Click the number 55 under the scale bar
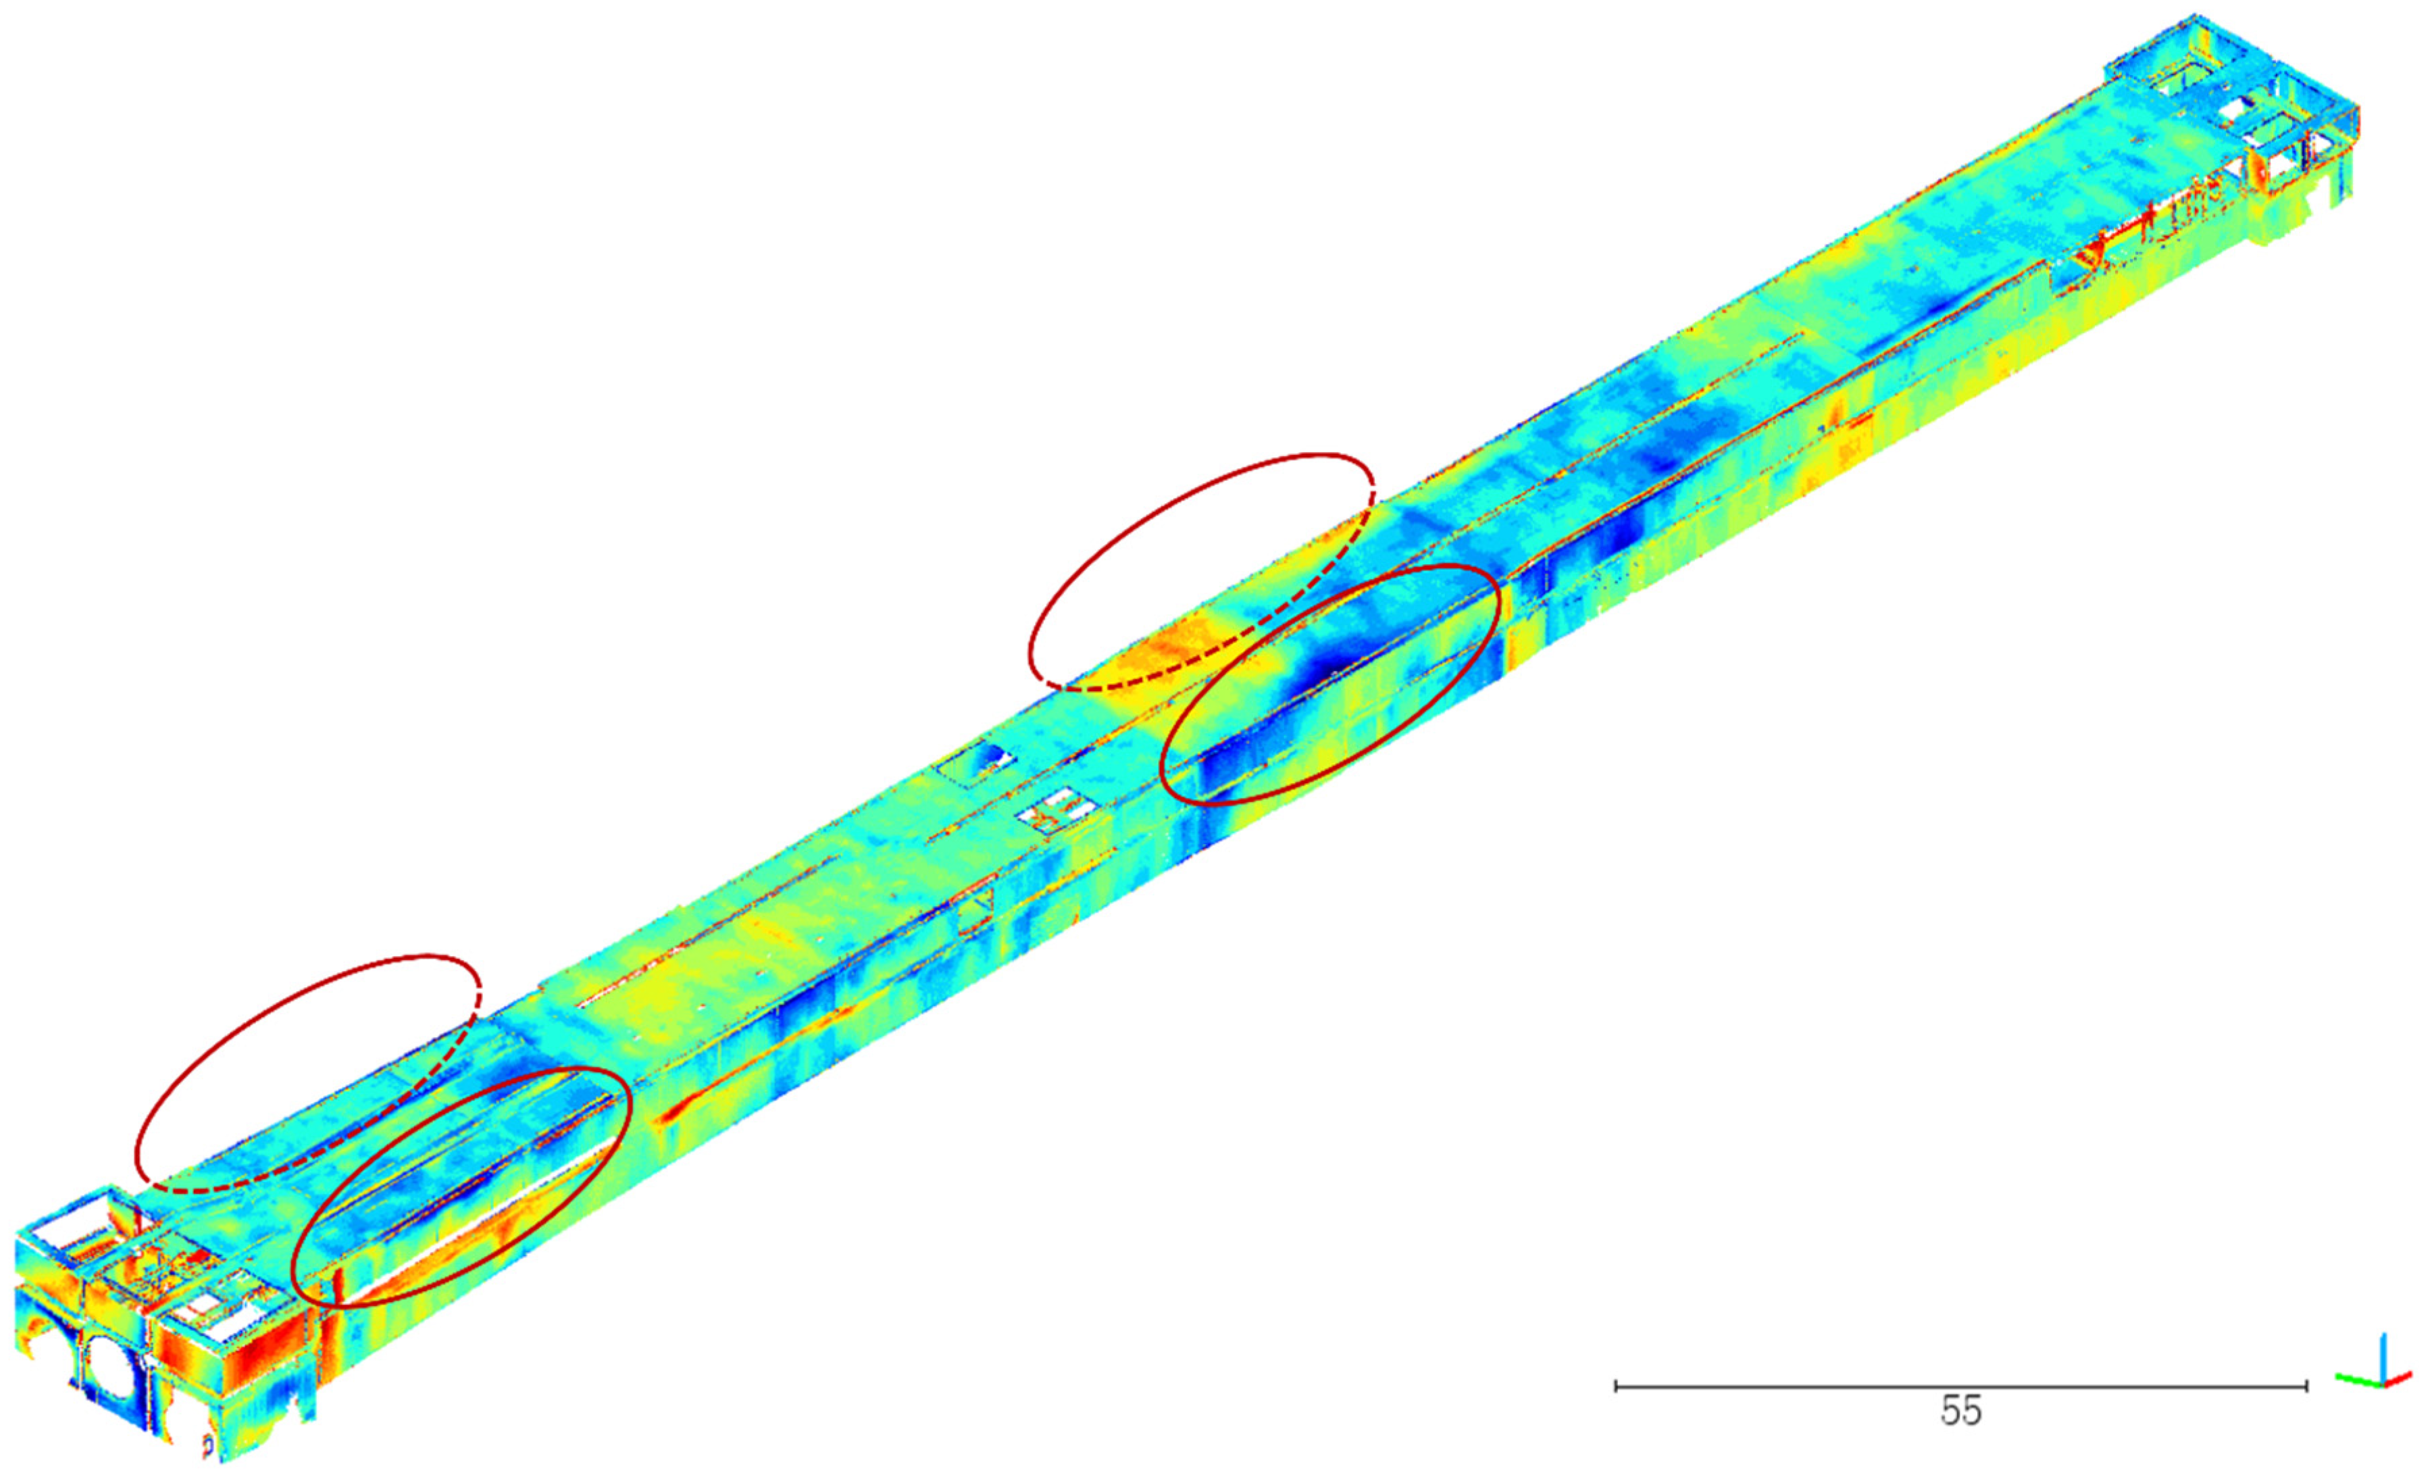point(1960,1411)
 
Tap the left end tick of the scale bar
point(1616,1386)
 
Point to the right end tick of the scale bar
point(2306,1386)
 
